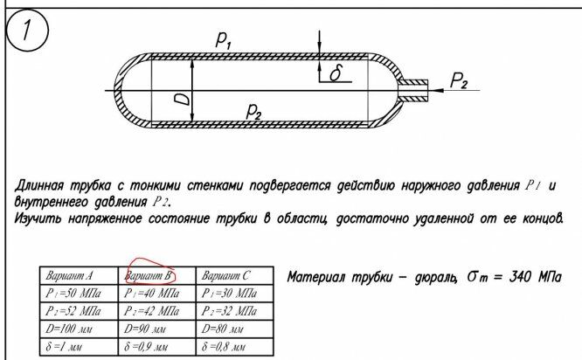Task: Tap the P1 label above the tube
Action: point(225,38)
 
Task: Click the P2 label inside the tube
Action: point(254,111)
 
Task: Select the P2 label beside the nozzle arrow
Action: point(460,81)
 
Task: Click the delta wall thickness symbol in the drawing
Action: point(335,75)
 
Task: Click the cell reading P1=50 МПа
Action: point(73,294)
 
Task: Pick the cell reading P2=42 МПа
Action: point(153,311)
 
